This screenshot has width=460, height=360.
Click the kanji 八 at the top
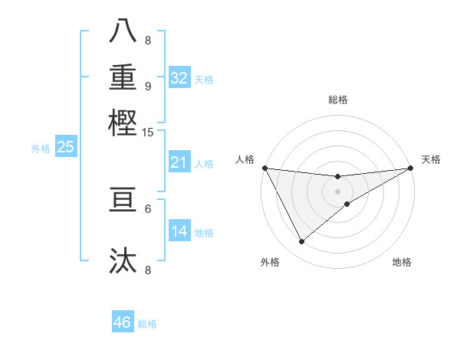click(x=123, y=31)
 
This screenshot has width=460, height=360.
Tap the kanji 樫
click(x=123, y=122)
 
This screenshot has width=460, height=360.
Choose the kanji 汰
click(x=123, y=261)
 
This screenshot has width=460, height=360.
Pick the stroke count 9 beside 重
click(x=147, y=86)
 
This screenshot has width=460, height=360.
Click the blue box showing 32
click(x=179, y=78)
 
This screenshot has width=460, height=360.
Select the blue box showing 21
click(x=179, y=162)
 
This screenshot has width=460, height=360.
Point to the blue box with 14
click(x=179, y=231)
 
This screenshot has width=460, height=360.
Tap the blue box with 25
click(x=65, y=147)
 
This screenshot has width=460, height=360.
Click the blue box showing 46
click(x=123, y=322)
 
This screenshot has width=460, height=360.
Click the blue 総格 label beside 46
click(x=147, y=324)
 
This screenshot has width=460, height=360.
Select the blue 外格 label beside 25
click(x=41, y=149)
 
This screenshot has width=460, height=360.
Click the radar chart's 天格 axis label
click(x=431, y=159)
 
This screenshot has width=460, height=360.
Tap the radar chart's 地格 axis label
click(x=402, y=262)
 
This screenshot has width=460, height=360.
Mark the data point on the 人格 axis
click(x=264, y=168)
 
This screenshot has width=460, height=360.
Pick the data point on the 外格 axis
click(x=301, y=242)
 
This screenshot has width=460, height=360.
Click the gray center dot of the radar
click(x=337, y=191)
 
